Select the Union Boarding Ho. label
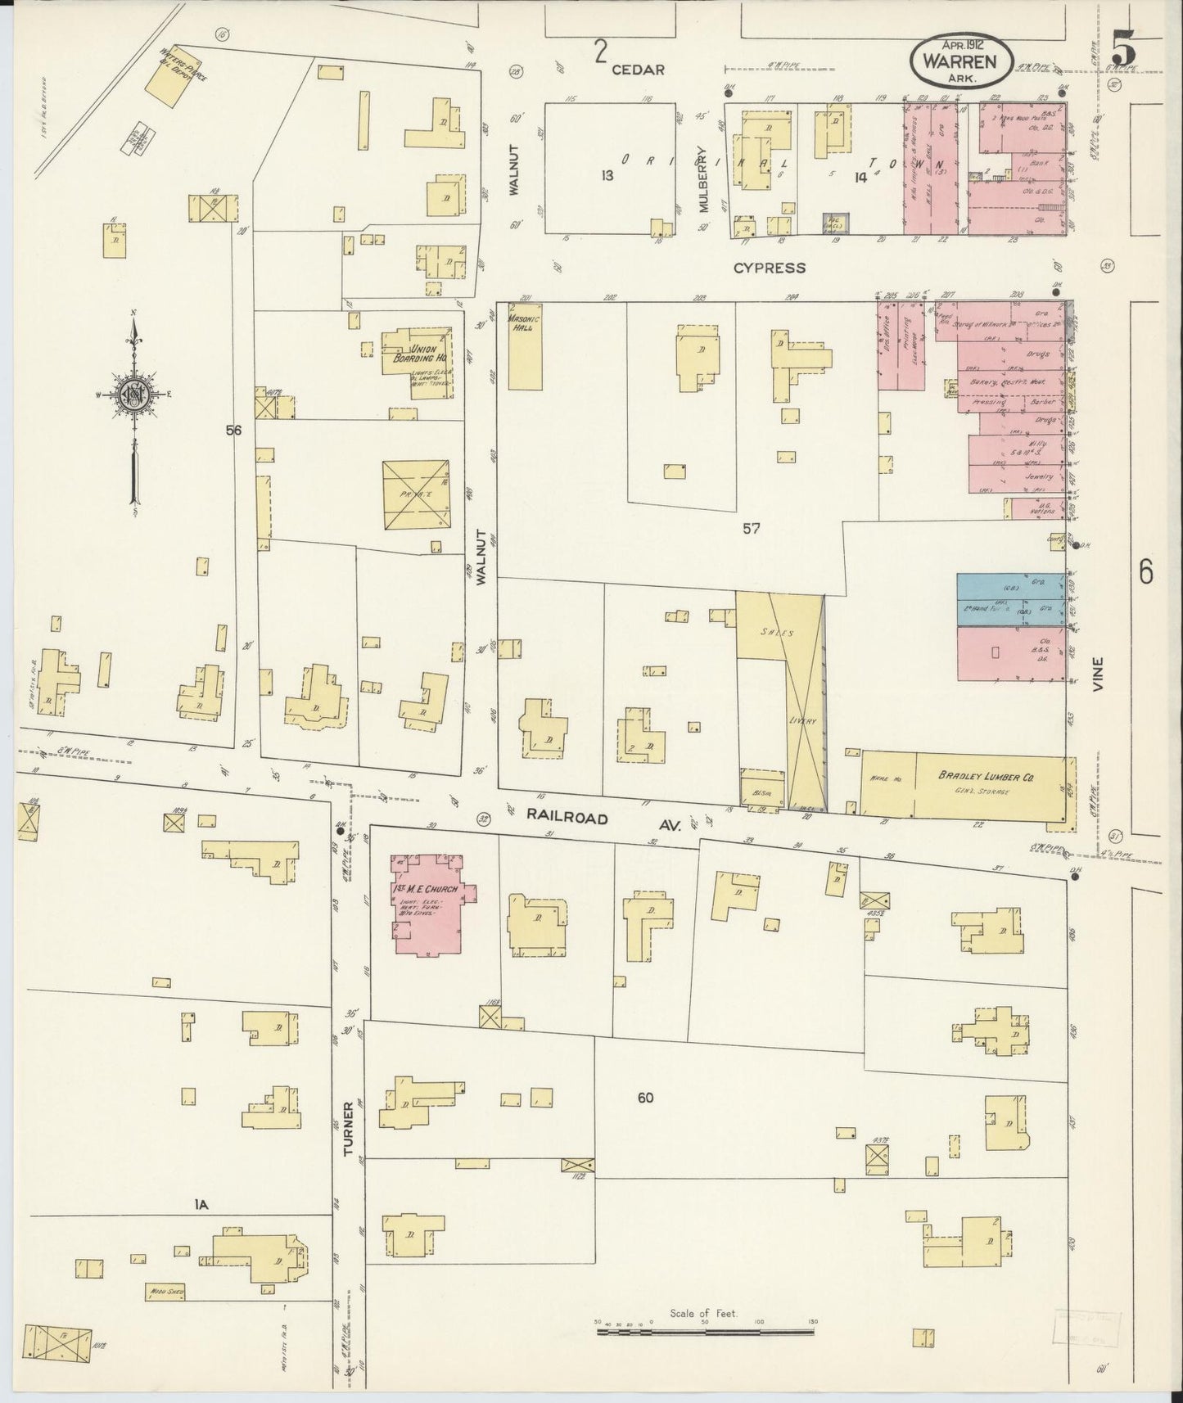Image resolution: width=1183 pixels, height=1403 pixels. [429, 353]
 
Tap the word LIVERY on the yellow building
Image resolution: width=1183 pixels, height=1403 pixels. [803, 720]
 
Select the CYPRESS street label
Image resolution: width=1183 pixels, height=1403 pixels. [769, 268]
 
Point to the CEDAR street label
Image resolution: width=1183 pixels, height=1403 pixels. [638, 70]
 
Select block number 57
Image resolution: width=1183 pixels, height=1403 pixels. [751, 529]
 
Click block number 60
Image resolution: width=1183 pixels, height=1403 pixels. [645, 1098]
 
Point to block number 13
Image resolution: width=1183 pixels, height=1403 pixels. [607, 175]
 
